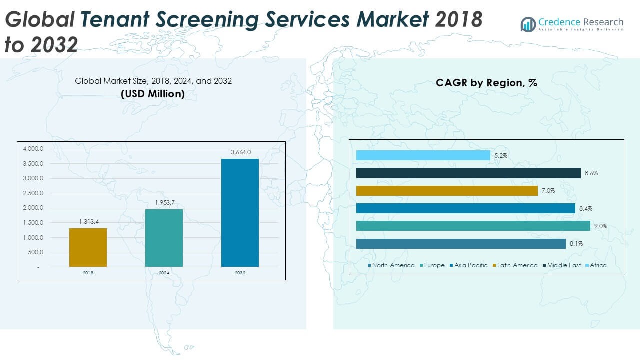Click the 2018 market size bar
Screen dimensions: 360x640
click(x=88, y=247)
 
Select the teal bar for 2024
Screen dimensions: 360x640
click(x=164, y=238)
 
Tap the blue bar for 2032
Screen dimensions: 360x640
click(x=240, y=212)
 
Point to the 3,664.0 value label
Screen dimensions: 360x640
click(x=240, y=152)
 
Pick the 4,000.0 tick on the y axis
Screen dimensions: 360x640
click(x=33, y=149)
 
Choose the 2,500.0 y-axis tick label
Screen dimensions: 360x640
click(x=33, y=193)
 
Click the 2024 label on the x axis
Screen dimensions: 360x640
click(x=164, y=273)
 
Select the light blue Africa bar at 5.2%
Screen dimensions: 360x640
click(x=423, y=156)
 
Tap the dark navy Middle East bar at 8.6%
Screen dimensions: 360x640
click(x=468, y=173)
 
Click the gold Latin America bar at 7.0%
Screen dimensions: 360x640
click(x=447, y=191)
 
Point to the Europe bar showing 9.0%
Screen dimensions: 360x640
click(x=473, y=226)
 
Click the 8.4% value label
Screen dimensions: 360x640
click(x=585, y=209)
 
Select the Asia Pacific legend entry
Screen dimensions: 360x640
click(x=470, y=265)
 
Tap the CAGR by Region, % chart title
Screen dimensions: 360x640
click(x=486, y=83)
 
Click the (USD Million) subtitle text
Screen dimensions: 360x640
click(x=153, y=93)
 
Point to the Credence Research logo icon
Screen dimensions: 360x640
click(x=528, y=24)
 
